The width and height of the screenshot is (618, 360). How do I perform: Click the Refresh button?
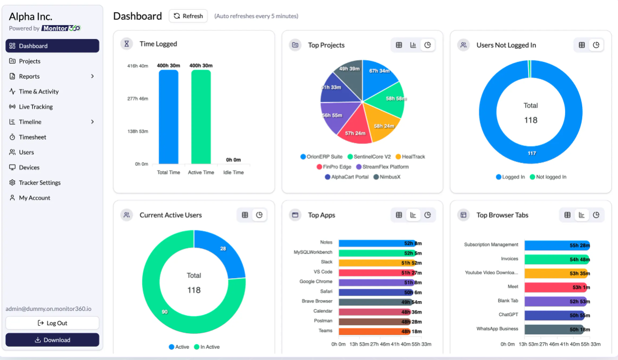(188, 16)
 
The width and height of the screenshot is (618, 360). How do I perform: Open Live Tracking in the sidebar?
(35, 107)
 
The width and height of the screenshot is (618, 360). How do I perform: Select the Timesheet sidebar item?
(32, 137)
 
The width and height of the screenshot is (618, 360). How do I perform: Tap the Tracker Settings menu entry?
(40, 183)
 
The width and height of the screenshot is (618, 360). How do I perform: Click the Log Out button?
(52, 323)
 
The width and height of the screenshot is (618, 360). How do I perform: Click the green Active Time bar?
(201, 118)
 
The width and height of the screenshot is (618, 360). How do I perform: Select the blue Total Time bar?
(169, 118)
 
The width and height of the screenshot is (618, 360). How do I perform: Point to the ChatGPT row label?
(508, 315)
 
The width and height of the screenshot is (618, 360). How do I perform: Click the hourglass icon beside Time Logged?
(127, 44)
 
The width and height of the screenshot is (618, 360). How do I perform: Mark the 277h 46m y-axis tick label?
(138, 99)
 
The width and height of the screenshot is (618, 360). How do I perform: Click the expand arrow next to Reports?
(93, 76)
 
